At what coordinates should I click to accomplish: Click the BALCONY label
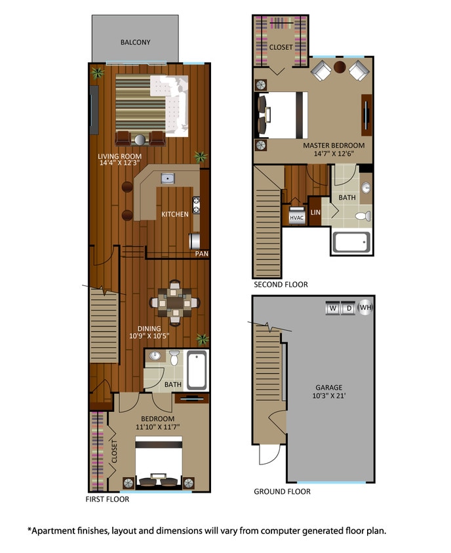click(x=135, y=43)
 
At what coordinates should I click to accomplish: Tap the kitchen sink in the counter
click(x=168, y=178)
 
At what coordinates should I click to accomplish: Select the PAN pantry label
click(x=201, y=253)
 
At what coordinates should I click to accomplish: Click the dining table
click(x=174, y=303)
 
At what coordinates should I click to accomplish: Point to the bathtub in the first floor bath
click(x=197, y=371)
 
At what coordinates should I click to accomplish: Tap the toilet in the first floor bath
click(x=174, y=358)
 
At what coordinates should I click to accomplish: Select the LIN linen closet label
click(x=315, y=212)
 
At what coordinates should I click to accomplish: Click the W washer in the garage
click(x=332, y=308)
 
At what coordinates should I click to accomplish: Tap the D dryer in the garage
click(x=349, y=308)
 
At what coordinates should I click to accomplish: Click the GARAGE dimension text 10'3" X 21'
click(x=328, y=397)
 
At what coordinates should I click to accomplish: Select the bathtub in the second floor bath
click(x=351, y=243)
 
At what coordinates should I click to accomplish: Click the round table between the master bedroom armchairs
click(x=340, y=67)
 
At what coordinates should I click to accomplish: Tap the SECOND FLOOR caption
click(x=281, y=285)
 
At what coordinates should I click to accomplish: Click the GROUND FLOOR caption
click(x=282, y=491)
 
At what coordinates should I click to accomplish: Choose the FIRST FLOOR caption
click(x=108, y=499)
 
